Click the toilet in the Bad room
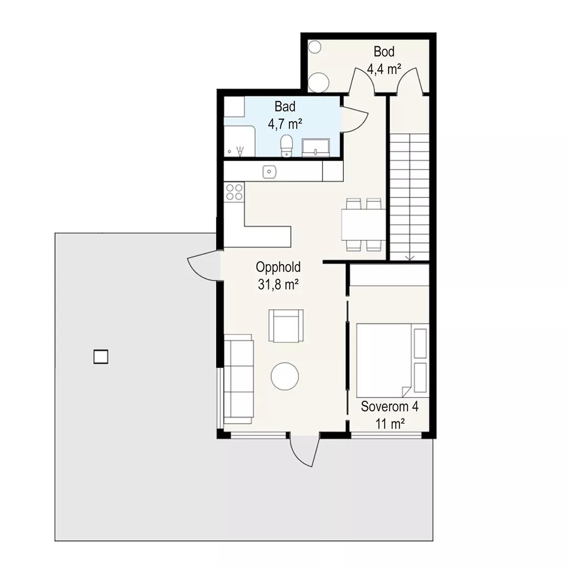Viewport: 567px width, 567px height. (x=287, y=146)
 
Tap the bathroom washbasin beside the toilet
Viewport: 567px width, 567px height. (x=316, y=148)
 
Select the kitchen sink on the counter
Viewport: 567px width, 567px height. (x=269, y=172)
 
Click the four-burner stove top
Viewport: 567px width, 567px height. (x=234, y=192)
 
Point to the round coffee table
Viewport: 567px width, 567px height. (x=285, y=376)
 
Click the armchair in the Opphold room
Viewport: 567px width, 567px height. (x=286, y=325)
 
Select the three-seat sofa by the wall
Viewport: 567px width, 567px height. (x=239, y=379)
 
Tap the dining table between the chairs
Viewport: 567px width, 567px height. (x=363, y=225)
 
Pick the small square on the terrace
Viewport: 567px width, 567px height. (x=101, y=356)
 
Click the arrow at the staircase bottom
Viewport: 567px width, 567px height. (x=409, y=258)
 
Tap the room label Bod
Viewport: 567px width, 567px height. (x=384, y=51)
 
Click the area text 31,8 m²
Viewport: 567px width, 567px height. (x=278, y=285)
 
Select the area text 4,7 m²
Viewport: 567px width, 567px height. (x=285, y=124)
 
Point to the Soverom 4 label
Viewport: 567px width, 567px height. (x=390, y=406)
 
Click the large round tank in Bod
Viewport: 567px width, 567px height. (x=319, y=83)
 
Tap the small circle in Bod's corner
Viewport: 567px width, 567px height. (x=314, y=47)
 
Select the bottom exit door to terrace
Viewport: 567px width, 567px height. (x=305, y=450)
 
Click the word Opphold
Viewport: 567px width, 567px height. (x=278, y=267)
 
